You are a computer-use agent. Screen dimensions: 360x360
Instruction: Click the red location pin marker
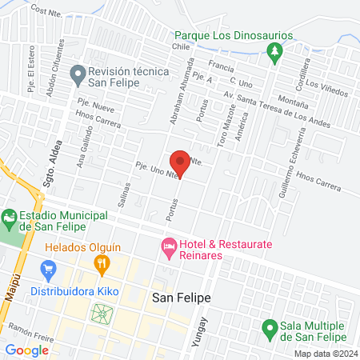point(180,162)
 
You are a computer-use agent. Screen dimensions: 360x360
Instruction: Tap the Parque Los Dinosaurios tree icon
point(274,53)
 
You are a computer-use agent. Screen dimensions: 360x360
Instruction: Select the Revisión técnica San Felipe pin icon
point(78,77)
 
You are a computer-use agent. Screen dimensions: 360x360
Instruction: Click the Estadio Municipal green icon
point(10,217)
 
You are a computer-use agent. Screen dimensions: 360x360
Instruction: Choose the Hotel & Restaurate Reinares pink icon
point(168,250)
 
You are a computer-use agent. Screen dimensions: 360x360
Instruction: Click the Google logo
point(27,350)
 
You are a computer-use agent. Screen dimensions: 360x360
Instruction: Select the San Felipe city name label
point(181,298)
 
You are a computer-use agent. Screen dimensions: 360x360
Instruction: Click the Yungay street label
point(203,330)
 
